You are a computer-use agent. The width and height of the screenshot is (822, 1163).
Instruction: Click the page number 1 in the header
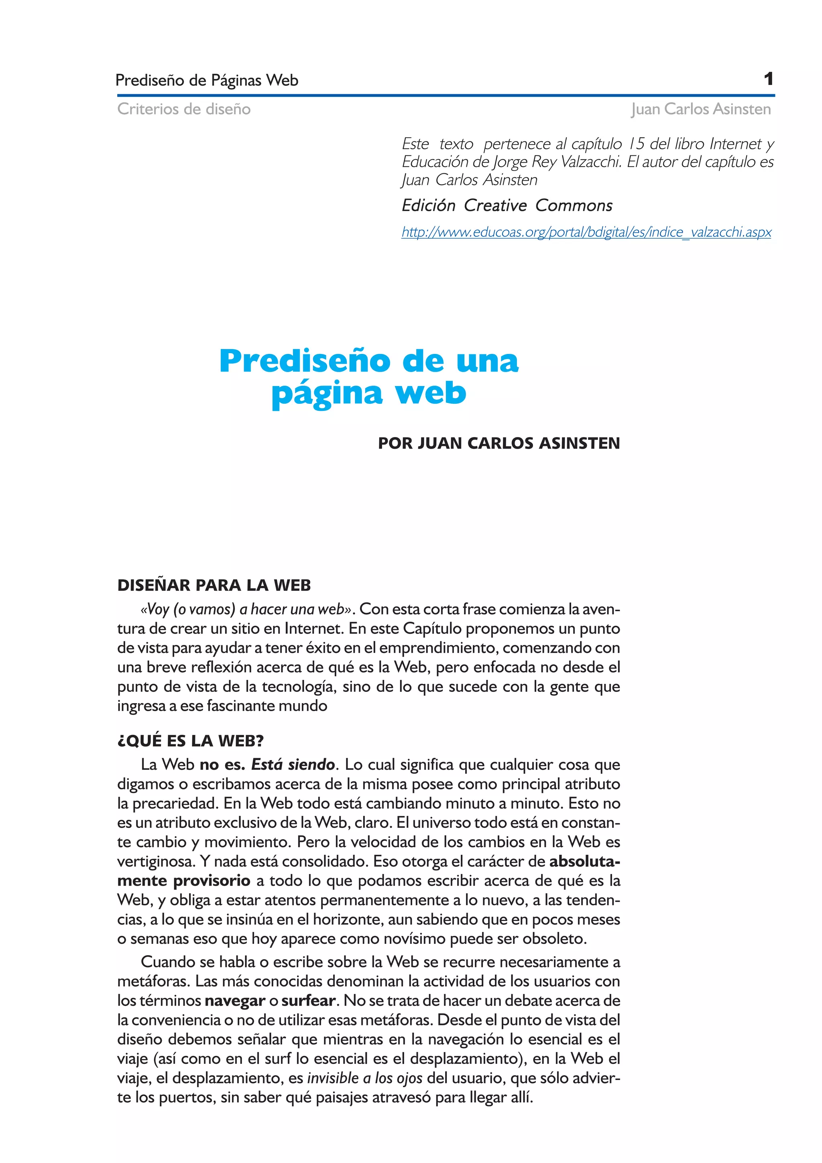coord(768,79)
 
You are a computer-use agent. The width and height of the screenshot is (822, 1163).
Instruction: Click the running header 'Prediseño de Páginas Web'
coord(207,81)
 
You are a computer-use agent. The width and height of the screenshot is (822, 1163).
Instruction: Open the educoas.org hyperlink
coord(586,232)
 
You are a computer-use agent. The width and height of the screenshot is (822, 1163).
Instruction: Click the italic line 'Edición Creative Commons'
coord(507,205)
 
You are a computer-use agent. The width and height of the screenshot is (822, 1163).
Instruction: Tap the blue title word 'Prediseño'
coord(305,361)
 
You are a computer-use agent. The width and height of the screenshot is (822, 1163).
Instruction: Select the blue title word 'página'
coord(326,394)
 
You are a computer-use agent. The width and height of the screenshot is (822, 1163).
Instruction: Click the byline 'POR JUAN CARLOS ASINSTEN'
coord(498,443)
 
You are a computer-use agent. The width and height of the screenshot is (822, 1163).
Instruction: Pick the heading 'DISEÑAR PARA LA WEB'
coord(214,586)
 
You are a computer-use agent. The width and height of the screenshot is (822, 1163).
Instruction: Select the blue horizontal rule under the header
coord(445,95)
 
